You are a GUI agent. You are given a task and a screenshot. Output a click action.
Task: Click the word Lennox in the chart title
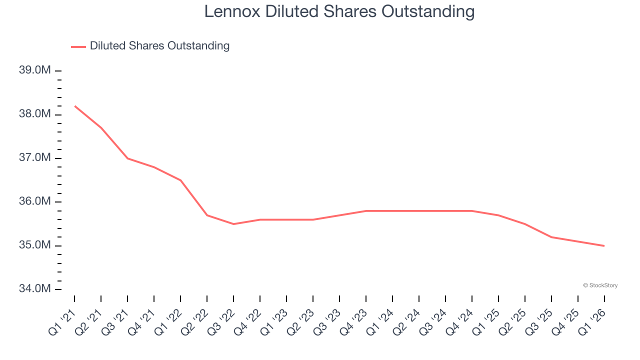click(x=232, y=11)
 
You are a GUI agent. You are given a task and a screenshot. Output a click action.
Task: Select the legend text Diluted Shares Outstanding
click(x=159, y=46)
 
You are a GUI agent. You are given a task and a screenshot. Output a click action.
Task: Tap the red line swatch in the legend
click(x=78, y=46)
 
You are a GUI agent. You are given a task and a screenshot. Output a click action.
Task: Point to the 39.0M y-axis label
click(x=34, y=70)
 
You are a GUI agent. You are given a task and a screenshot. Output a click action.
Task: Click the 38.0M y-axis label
click(x=34, y=114)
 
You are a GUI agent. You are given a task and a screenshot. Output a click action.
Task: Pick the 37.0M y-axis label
click(x=34, y=158)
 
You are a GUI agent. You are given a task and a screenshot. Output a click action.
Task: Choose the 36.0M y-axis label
click(x=34, y=201)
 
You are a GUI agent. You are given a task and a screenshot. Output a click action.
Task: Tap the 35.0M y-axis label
click(x=34, y=245)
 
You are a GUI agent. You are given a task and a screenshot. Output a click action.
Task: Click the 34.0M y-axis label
click(x=34, y=289)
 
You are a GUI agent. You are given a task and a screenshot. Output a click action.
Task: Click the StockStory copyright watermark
click(x=600, y=285)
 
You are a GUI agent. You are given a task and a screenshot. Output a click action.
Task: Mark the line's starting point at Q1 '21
click(x=74, y=106)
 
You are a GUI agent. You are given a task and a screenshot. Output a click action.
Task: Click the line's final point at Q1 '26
click(x=604, y=245)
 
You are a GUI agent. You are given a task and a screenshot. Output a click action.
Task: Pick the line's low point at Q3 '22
click(x=233, y=224)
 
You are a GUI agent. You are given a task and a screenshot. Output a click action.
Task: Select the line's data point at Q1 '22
click(x=180, y=180)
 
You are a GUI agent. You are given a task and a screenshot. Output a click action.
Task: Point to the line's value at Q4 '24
click(x=472, y=211)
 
